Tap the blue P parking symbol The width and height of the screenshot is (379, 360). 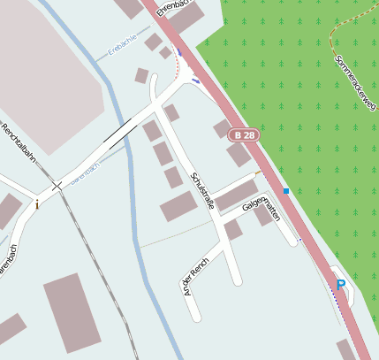pos(340,285)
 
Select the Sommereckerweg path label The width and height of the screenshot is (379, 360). pos(355,80)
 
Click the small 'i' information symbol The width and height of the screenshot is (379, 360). pos(37,203)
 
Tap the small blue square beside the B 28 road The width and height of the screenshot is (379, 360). pos(286,190)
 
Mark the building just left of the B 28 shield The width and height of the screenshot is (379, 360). pos(221,129)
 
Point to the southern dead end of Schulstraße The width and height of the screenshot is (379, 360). pos(237,281)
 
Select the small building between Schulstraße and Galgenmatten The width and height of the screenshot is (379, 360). pos(232,230)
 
